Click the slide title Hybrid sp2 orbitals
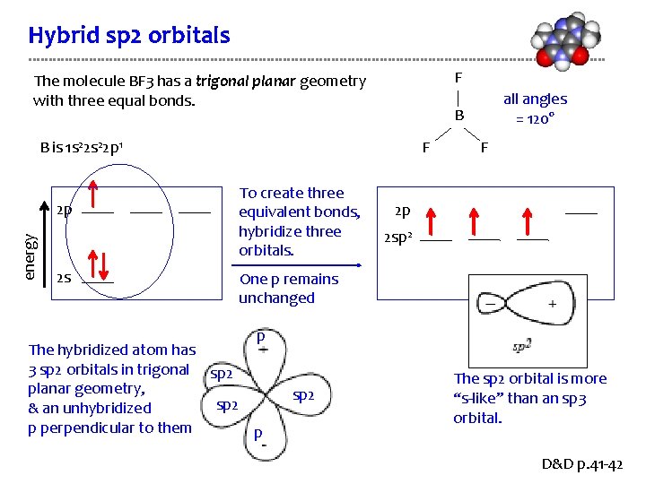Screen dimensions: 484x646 point(129,36)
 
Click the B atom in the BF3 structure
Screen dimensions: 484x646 point(458,116)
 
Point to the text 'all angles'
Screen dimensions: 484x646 point(535,99)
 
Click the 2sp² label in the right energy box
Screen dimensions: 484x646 point(398,238)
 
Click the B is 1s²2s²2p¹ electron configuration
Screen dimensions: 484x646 point(86,147)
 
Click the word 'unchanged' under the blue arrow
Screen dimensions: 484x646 point(276,298)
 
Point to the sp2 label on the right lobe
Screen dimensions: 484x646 point(304,395)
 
